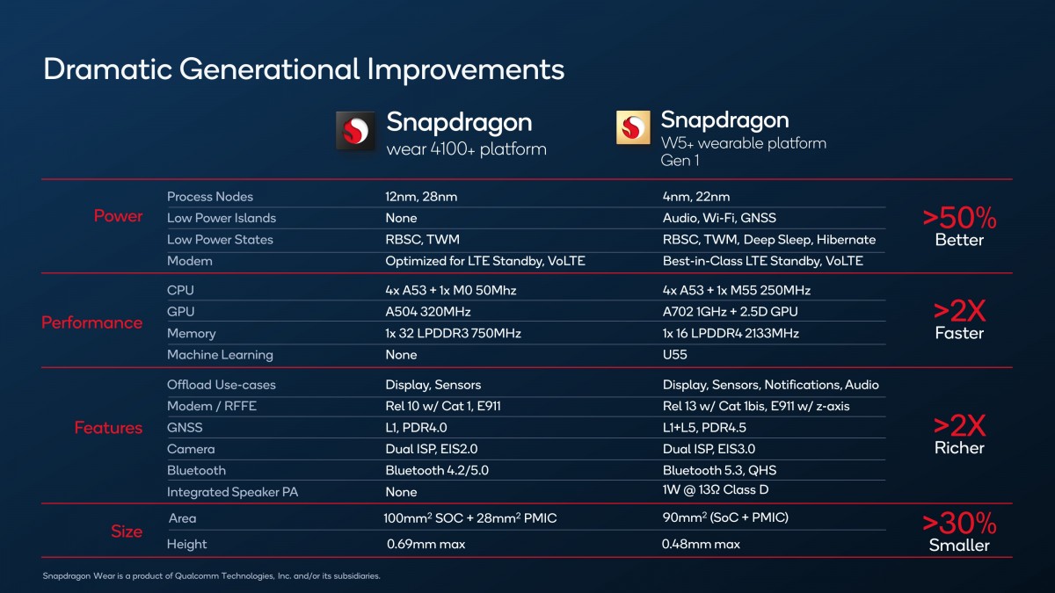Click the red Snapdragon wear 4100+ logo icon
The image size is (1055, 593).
click(x=356, y=133)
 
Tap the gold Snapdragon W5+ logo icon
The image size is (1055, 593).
click(x=633, y=128)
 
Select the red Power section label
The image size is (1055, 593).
click(x=118, y=216)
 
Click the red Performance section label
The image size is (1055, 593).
click(x=91, y=322)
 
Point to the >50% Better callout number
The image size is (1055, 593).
click(x=959, y=217)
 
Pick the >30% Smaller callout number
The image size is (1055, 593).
click(x=959, y=524)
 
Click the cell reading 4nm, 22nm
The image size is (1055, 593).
click(x=696, y=197)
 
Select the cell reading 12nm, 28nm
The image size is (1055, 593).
click(x=420, y=197)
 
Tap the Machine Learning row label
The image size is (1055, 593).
click(x=220, y=355)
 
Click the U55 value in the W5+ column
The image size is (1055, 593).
click(x=675, y=355)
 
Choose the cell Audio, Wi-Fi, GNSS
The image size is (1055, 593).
click(x=719, y=218)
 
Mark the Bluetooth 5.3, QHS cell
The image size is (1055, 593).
click(x=719, y=470)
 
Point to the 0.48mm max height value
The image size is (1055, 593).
click(x=701, y=544)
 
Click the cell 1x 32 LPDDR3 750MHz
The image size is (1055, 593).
click(x=453, y=333)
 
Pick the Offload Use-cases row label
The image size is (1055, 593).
click(x=220, y=385)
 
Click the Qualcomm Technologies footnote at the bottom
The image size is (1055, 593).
click(x=211, y=576)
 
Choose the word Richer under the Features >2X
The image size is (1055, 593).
click(x=959, y=448)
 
